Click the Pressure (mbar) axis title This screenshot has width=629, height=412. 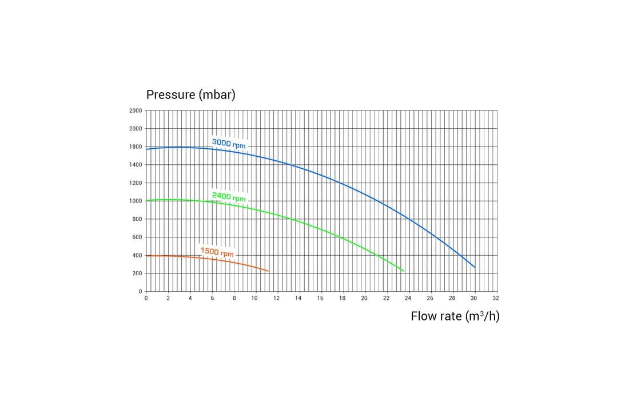pyautogui.click(x=190, y=95)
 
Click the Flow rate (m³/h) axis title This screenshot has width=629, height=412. pyautogui.click(x=455, y=316)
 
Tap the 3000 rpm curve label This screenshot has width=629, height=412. pyautogui.click(x=229, y=143)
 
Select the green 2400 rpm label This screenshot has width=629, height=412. pyautogui.click(x=229, y=197)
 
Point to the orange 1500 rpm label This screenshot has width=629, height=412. pyautogui.click(x=217, y=252)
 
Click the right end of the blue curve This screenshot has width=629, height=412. pyautogui.click(x=475, y=267)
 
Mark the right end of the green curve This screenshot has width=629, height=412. pyautogui.click(x=404, y=271)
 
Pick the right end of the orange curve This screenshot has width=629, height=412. pyautogui.click(x=268, y=271)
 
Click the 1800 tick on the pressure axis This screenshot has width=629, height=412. pyautogui.click(x=136, y=147)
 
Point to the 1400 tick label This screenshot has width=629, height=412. pyautogui.click(x=136, y=165)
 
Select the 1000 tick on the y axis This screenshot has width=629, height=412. pyautogui.click(x=136, y=201)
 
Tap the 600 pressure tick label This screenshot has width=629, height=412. pyautogui.click(x=137, y=237)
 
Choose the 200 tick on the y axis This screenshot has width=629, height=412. pyautogui.click(x=137, y=274)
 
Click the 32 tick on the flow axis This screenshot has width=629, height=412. pyautogui.click(x=496, y=298)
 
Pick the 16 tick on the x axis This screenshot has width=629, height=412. pyautogui.click(x=320, y=298)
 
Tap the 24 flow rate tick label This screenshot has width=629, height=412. pyautogui.click(x=408, y=298)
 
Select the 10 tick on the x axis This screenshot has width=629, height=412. pyautogui.click(x=255, y=298)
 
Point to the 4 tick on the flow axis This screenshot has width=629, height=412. pyautogui.click(x=190, y=298)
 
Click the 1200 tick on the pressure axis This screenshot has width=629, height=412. pyautogui.click(x=136, y=183)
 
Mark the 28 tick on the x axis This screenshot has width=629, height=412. pyautogui.click(x=452, y=298)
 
